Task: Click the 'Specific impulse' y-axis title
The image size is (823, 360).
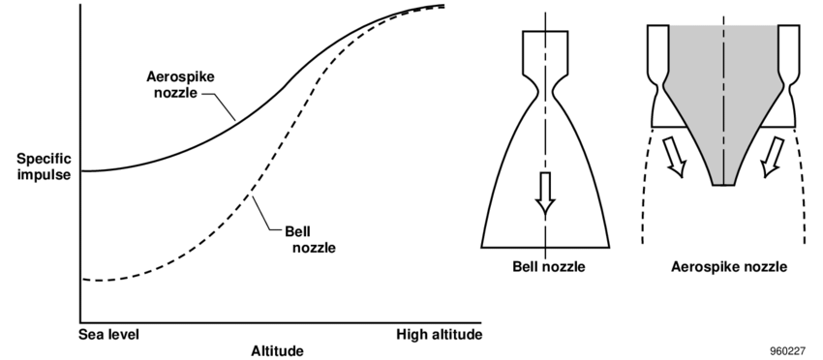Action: [x=44, y=166]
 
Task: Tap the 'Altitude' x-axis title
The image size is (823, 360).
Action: [x=277, y=350]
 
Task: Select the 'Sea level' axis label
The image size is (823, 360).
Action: [x=109, y=334]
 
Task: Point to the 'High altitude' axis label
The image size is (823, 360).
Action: [x=440, y=334]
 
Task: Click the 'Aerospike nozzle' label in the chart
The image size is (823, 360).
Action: [x=180, y=84]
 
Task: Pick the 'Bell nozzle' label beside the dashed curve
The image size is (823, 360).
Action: [x=310, y=239]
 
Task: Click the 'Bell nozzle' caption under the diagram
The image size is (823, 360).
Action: [x=548, y=266]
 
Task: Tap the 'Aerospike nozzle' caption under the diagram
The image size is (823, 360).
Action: [x=729, y=266]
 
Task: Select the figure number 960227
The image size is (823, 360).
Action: [x=787, y=351]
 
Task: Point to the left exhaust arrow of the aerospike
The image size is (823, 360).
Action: [x=676, y=157]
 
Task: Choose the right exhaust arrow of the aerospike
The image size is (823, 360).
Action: [x=772, y=157]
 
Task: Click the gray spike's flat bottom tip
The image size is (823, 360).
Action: [x=723, y=185]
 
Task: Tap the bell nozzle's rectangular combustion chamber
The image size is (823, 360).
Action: [x=545, y=52]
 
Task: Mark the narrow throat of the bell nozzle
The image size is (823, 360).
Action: [x=545, y=94]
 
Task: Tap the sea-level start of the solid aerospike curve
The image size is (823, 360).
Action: [x=82, y=171]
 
